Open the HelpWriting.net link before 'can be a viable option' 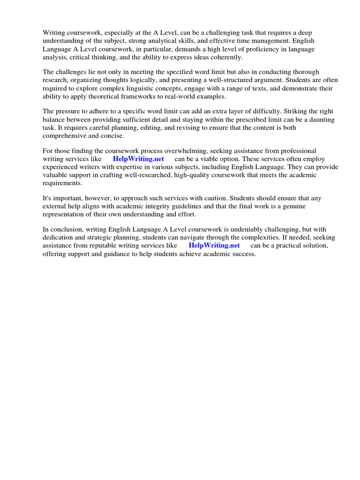[x=138, y=159]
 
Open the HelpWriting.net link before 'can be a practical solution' [x=214, y=246]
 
